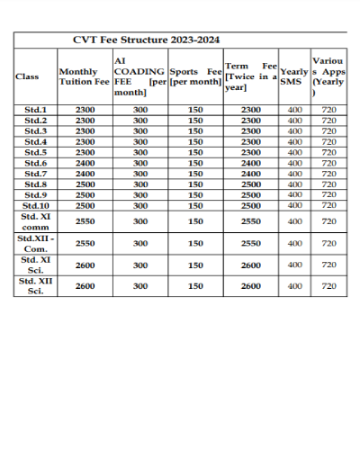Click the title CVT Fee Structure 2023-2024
point(146,40)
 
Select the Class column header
point(27,76)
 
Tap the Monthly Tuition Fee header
point(84,76)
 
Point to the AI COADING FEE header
point(139,76)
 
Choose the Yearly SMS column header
point(293,76)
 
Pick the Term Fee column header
point(250,76)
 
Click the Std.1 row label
point(35,110)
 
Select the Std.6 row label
point(35,163)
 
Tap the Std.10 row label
point(35,205)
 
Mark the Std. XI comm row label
point(35,221)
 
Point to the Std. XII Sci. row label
point(35,286)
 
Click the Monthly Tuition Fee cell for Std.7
point(85,174)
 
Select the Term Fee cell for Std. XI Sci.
point(251,265)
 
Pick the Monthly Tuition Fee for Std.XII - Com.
point(85,243)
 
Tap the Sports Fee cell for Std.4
point(195,141)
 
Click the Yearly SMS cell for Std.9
point(294,194)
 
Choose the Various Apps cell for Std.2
point(328,120)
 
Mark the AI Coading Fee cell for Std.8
point(140,184)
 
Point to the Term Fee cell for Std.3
point(251,130)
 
